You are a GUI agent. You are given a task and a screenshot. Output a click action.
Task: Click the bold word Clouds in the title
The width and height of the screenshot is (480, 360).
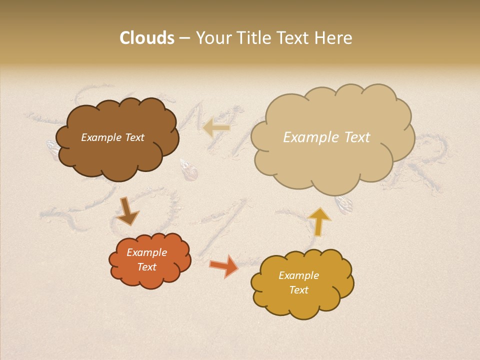tap(147, 38)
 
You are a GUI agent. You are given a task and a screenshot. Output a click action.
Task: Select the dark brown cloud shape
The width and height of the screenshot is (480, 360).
tap(117, 150)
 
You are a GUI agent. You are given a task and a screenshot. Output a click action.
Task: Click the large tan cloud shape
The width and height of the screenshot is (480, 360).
tap(332, 160)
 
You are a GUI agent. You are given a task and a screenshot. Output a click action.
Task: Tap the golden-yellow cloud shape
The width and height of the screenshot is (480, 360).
tap(302, 300)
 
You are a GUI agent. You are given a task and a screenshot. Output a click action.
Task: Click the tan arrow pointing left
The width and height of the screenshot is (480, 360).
tap(216, 128)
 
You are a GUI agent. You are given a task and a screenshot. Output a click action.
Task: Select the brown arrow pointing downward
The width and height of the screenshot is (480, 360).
tap(127, 211)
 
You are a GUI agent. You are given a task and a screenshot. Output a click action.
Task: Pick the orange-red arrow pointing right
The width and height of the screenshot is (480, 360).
tap(224, 265)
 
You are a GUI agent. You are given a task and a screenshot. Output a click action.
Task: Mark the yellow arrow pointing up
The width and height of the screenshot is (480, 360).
tap(319, 221)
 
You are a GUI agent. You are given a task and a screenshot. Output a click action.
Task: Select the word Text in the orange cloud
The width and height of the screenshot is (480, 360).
tap(146, 267)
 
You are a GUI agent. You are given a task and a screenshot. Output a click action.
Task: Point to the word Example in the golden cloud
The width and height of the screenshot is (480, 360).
tap(298, 275)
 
